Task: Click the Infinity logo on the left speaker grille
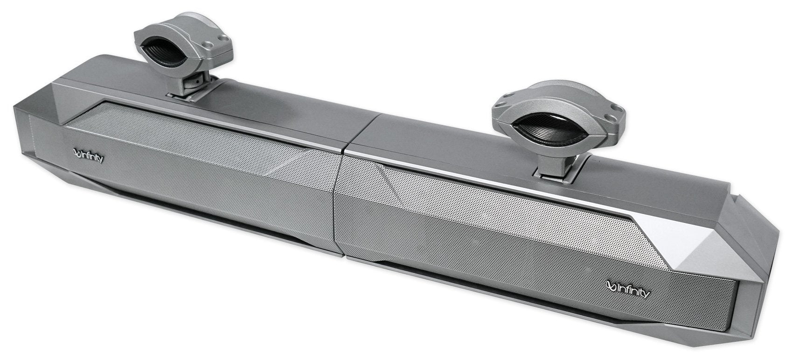point(89,154)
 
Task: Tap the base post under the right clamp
point(557,165)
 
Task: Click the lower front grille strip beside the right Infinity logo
point(513,289)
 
